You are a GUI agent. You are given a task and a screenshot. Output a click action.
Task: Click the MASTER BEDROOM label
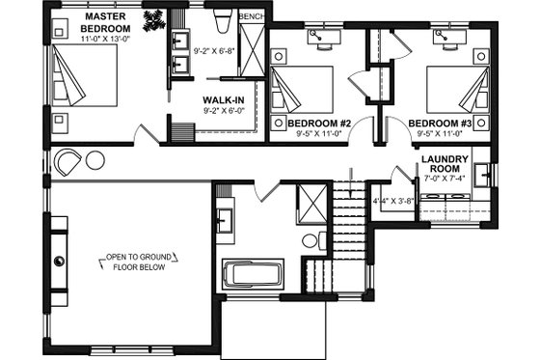[107, 23]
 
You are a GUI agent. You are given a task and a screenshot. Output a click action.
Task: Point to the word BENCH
[251, 17]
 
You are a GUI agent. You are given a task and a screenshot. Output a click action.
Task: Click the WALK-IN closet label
[222, 99]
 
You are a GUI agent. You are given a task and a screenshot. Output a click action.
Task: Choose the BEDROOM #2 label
[318, 124]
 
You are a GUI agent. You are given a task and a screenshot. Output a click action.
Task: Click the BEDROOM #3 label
[439, 124]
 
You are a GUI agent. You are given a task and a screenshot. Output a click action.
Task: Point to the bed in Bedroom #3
[452, 90]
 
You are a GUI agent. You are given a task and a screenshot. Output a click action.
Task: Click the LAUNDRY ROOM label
[445, 164]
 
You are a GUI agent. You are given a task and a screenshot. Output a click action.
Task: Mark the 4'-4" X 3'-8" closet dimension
[392, 201]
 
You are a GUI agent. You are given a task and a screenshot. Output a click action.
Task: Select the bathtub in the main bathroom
[253, 275]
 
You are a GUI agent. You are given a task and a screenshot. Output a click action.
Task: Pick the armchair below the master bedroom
[68, 162]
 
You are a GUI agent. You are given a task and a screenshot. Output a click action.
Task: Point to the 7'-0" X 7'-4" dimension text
[445, 178]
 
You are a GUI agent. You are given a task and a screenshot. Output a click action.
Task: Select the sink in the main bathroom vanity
[223, 219]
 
